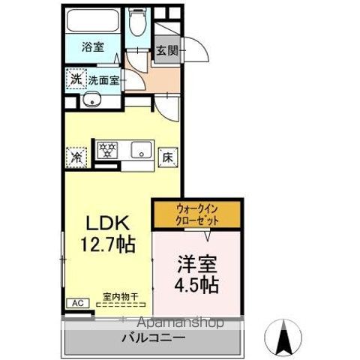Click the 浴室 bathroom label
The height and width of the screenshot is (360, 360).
point(93,46)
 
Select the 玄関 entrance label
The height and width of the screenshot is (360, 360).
point(166,52)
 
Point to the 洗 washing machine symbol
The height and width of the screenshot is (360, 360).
point(75,79)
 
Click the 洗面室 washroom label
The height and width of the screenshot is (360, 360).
point(103,79)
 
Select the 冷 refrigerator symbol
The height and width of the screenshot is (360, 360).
point(76,157)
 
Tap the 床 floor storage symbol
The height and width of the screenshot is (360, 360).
point(169,158)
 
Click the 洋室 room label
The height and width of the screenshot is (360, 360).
point(198,265)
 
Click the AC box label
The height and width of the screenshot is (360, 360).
point(76,303)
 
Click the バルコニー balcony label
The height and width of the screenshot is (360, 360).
point(154,338)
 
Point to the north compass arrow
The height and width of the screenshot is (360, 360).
point(284,337)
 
